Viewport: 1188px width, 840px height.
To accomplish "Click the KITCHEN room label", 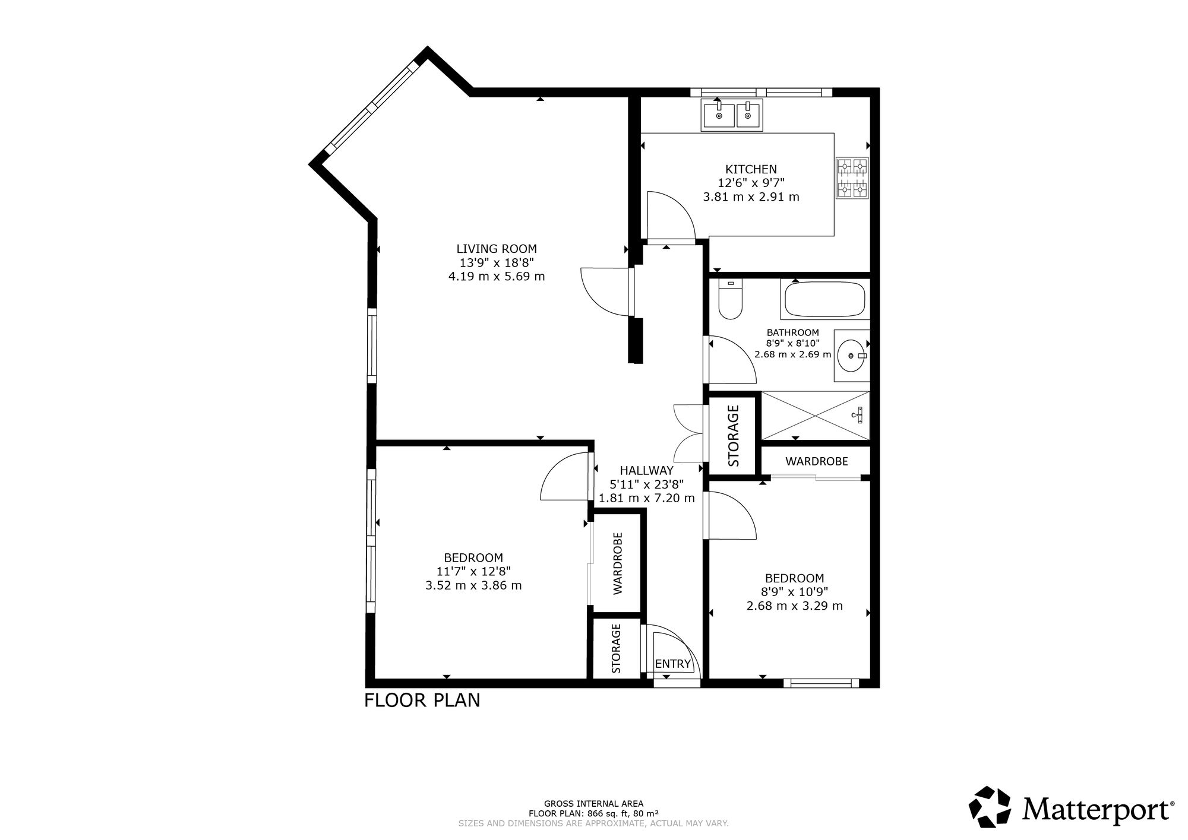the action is tap(751, 170).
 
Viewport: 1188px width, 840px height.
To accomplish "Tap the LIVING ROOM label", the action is tap(497, 249).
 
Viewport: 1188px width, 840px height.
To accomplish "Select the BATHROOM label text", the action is tap(792, 333).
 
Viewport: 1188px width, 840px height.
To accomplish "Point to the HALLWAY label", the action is tap(646, 471).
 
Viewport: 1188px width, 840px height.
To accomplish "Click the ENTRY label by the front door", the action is tap(673, 664).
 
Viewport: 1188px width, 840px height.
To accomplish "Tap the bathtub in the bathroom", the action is tap(825, 300).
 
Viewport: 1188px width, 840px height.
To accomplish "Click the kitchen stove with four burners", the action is tap(852, 177).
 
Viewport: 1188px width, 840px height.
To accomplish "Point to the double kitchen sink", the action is tap(732, 115).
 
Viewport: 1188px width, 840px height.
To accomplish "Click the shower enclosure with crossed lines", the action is tap(815, 416).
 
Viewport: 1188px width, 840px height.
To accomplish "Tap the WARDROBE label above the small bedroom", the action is tap(816, 461).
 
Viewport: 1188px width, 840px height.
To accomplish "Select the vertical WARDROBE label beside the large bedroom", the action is tap(618, 563).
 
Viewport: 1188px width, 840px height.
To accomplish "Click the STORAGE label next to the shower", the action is tap(734, 435).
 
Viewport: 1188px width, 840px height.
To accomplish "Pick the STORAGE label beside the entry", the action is tap(617, 648).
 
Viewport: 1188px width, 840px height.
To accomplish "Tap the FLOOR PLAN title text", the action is tap(422, 700).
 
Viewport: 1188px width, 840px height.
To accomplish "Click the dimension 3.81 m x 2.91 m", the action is tap(751, 197).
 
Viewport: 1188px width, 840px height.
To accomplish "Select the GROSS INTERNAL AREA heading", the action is tap(594, 804).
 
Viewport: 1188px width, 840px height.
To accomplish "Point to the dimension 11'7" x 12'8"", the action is tap(473, 572).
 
